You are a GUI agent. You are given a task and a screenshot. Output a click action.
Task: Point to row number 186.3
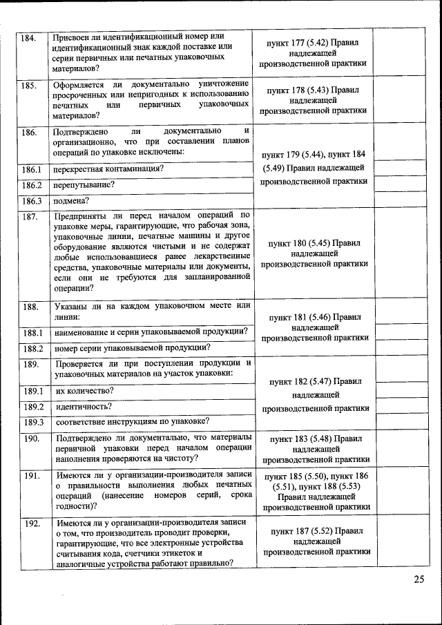(32, 201)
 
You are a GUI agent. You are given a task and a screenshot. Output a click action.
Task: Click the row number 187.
(29, 217)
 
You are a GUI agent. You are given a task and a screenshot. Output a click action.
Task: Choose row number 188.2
(32, 349)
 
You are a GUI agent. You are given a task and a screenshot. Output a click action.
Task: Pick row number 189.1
(32, 391)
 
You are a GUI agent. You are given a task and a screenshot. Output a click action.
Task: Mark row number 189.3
(32, 422)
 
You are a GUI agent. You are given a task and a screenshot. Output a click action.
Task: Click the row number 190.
(30, 439)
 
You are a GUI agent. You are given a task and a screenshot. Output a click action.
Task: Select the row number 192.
(30, 523)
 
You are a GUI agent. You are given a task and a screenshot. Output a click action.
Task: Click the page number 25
(419, 579)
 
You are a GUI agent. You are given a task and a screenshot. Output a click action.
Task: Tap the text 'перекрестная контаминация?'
(109, 169)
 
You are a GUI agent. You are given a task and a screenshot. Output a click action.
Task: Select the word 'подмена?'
(73, 201)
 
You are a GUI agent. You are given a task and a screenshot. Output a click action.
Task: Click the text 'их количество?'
(85, 390)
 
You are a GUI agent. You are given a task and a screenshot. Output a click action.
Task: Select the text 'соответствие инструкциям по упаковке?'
(133, 421)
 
